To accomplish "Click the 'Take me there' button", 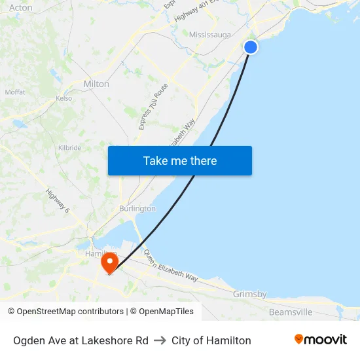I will (180, 161).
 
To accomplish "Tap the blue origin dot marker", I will (251, 47).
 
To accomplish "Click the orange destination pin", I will (109, 263).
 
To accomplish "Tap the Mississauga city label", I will (209, 35).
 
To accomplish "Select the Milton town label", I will (96, 84).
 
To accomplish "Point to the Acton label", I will (21, 8).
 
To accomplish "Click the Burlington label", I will (137, 208).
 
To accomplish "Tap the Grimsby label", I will (249, 295).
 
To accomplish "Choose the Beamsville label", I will (291, 312).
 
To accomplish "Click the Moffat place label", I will (15, 92).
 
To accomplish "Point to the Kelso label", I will (63, 98).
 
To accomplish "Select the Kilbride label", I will (69, 148).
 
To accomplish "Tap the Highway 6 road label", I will (58, 200).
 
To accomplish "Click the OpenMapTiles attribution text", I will (165, 312).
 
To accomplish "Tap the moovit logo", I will (321, 339).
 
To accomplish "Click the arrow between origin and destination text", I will (160, 340).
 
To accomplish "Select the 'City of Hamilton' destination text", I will (211, 340).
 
